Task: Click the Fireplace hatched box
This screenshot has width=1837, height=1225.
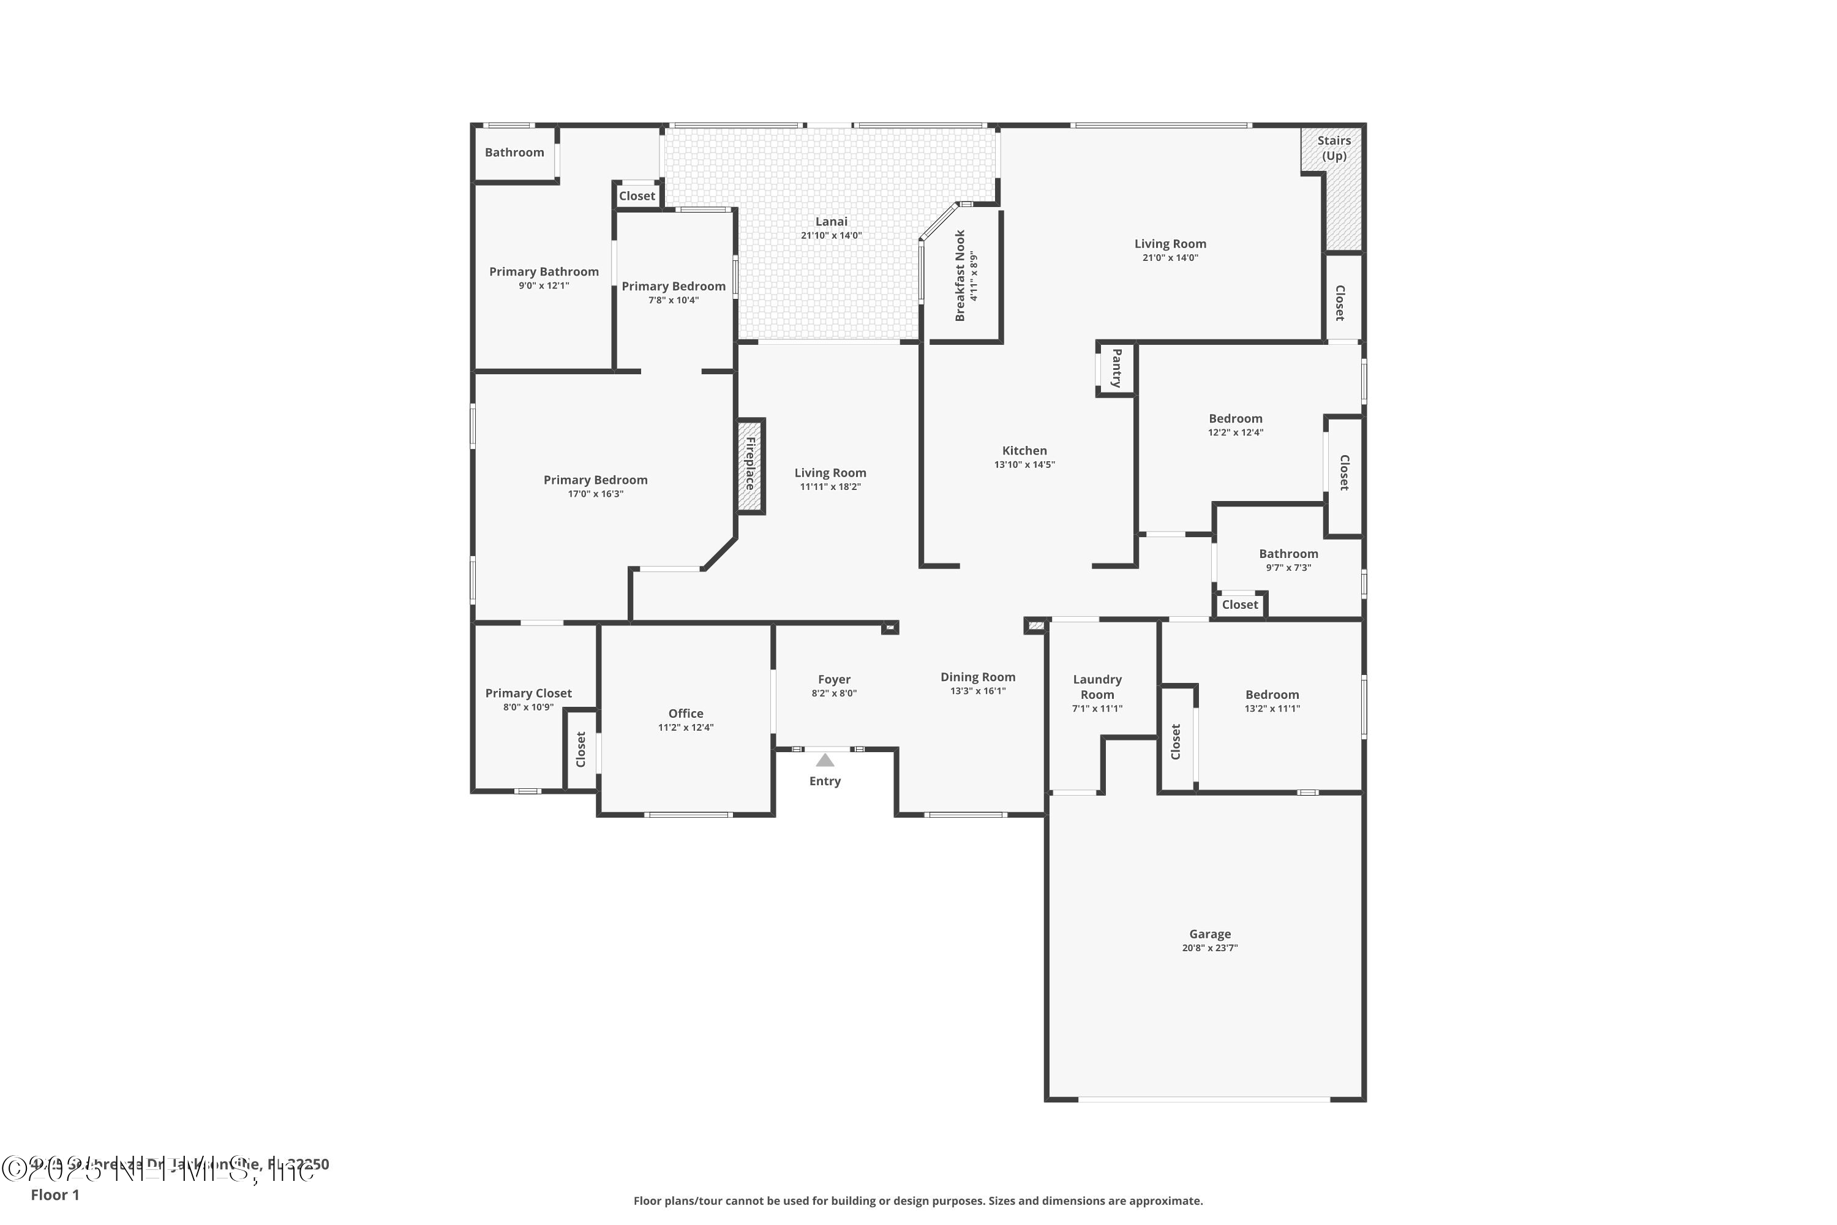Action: pyautogui.click(x=751, y=466)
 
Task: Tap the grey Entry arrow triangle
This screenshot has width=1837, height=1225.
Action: pyautogui.click(x=825, y=760)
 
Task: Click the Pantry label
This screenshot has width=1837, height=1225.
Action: pyautogui.click(x=1116, y=368)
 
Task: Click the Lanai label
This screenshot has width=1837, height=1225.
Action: pyautogui.click(x=831, y=221)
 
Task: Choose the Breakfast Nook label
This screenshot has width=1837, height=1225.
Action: pyautogui.click(x=961, y=275)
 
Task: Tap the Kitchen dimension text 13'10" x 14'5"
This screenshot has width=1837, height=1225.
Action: pyautogui.click(x=1024, y=464)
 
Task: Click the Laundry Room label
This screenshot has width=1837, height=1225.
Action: pyautogui.click(x=1097, y=687)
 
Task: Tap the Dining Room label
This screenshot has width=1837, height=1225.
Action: pyautogui.click(x=977, y=677)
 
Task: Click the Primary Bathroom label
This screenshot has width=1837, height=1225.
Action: pyautogui.click(x=544, y=271)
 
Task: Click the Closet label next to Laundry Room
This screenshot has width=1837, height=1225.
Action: pyautogui.click(x=1176, y=741)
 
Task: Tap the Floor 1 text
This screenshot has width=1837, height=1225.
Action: pyautogui.click(x=54, y=1194)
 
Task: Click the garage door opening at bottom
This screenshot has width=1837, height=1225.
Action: pyautogui.click(x=1204, y=1099)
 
